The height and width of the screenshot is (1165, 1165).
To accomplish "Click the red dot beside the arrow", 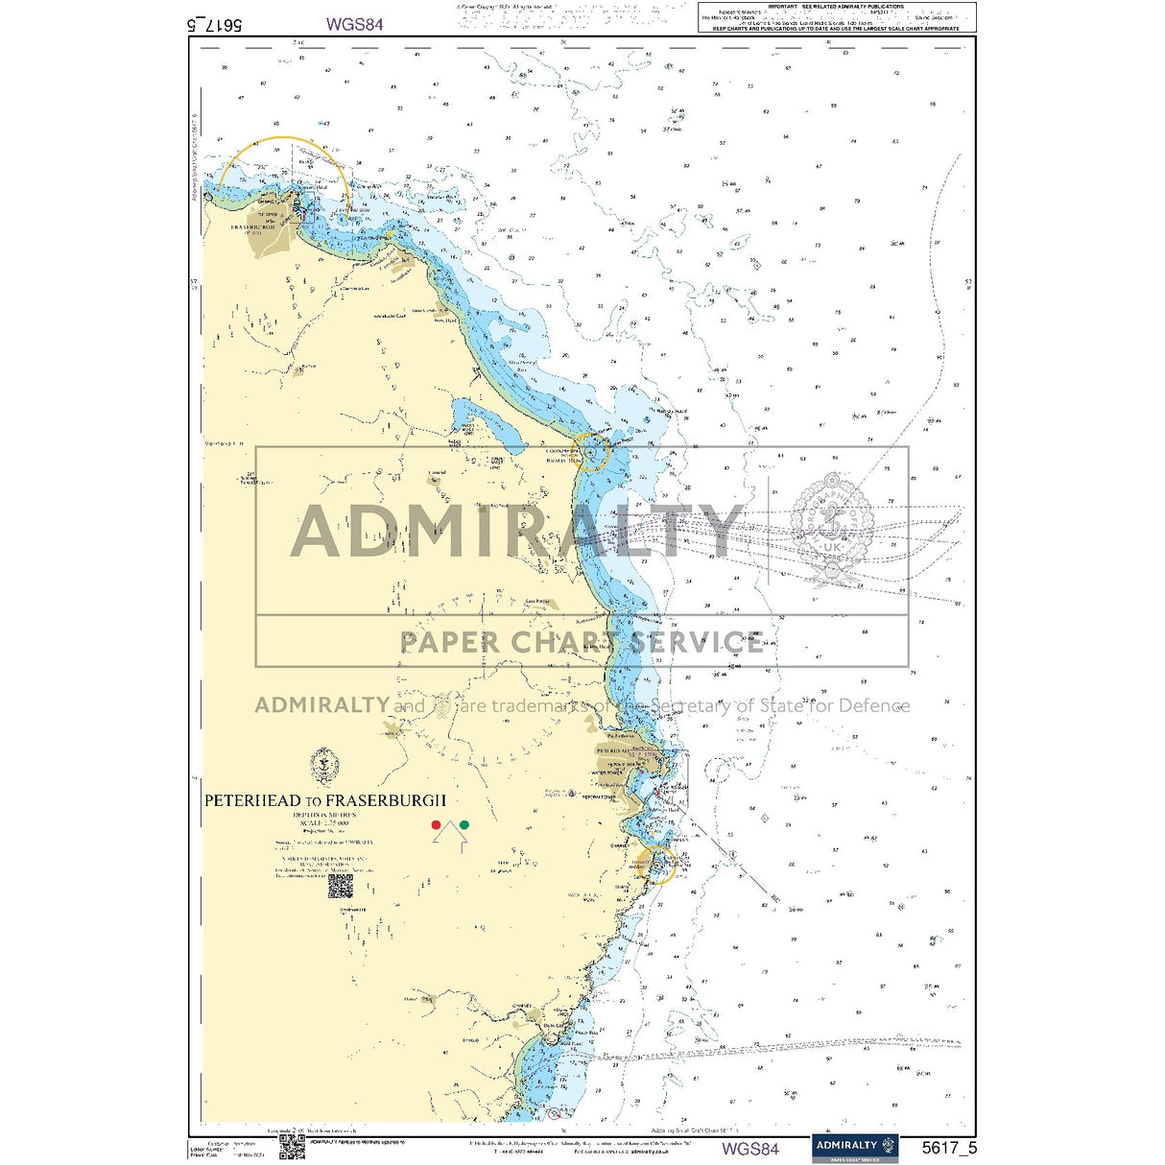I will (x=436, y=824).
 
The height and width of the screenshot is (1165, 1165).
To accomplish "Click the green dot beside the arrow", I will (x=464, y=824).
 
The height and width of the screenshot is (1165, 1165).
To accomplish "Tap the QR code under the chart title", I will (x=341, y=887).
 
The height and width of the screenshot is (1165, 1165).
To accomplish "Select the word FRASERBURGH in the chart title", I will (x=386, y=800).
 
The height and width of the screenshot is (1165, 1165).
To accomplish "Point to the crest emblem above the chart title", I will (x=324, y=766).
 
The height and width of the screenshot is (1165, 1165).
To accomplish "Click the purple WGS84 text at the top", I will (x=354, y=25).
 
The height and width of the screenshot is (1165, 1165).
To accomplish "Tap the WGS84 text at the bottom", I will (x=750, y=1149).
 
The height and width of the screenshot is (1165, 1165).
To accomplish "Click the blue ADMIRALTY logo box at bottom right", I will (x=855, y=1148).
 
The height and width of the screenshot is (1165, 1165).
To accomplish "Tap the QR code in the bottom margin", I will (x=292, y=1147).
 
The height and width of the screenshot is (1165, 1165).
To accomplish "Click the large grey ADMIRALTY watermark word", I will (x=518, y=531).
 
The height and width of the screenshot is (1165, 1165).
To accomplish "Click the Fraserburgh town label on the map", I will (x=253, y=228).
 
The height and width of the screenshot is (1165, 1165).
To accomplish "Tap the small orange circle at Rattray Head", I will (x=592, y=450).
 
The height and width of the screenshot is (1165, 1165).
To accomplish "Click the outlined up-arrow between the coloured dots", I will (x=450, y=836).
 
